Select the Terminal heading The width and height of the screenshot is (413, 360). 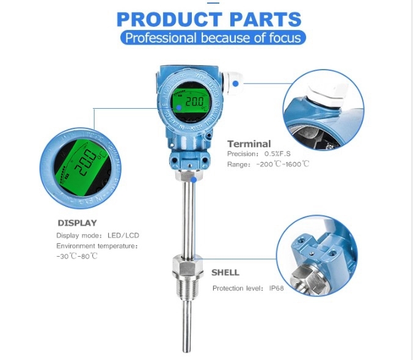tap(249, 144)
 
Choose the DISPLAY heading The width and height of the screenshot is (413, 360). tap(77, 223)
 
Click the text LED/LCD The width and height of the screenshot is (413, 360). tap(121, 235)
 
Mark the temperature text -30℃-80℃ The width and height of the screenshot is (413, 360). tap(77, 255)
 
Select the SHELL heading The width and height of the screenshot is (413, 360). tap(225, 272)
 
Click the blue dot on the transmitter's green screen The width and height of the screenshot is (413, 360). tap(178, 107)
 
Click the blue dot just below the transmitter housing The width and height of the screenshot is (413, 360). tap(193, 179)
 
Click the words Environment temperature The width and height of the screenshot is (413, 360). tap(97, 246)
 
